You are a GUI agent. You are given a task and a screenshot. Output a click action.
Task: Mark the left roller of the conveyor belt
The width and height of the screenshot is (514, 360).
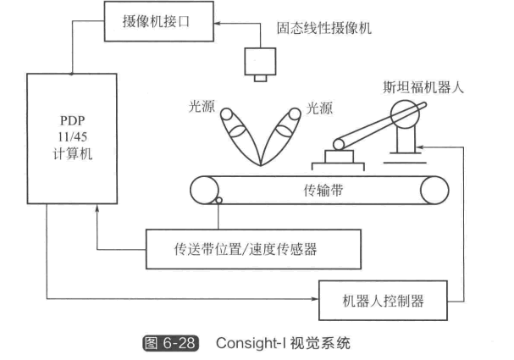pos(204,190)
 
